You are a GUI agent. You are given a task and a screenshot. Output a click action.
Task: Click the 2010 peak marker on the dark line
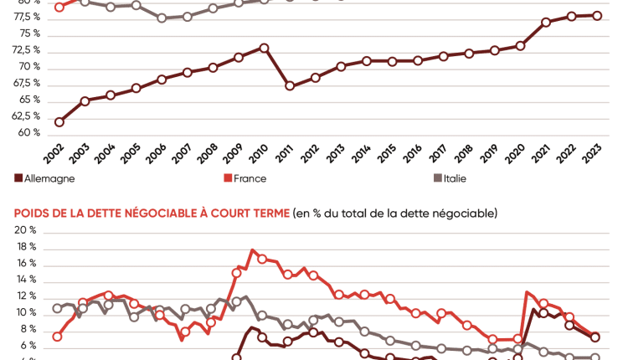[x=264, y=48]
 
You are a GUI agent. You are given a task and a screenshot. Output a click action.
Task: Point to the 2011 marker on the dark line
[x=290, y=86]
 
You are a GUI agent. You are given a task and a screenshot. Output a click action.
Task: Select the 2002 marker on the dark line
[x=59, y=122]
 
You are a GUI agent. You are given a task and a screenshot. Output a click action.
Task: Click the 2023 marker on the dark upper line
[x=597, y=15]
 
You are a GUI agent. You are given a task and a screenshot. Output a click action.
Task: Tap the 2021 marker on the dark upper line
[x=546, y=22]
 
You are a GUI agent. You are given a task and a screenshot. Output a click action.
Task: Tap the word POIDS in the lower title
[x=32, y=213]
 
